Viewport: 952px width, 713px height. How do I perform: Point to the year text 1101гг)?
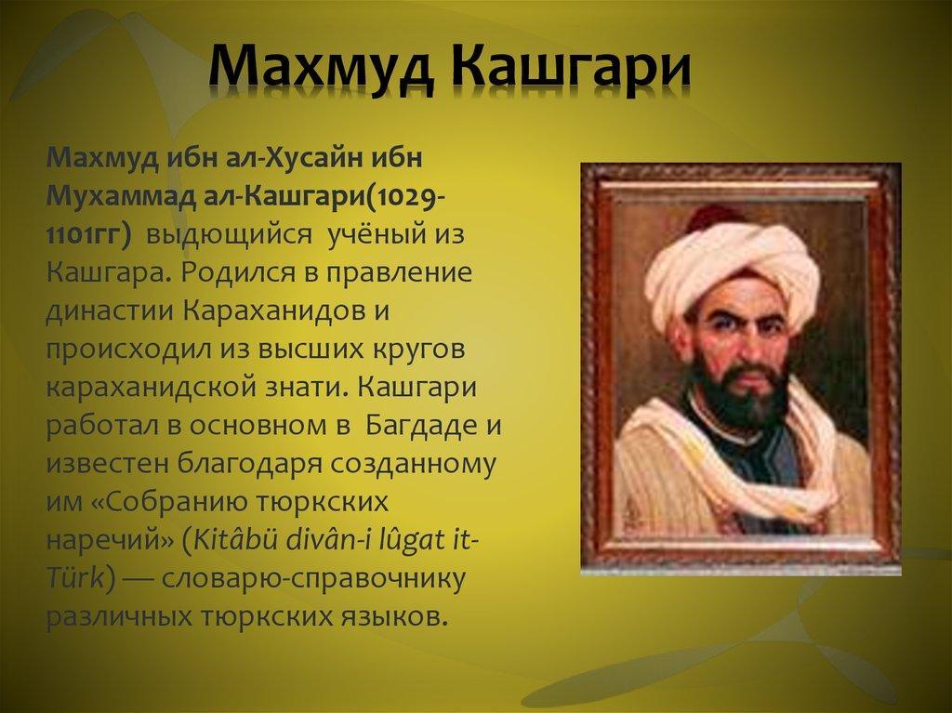(88, 235)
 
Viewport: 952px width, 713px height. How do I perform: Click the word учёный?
(377, 234)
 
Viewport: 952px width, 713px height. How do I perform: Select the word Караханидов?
(272, 311)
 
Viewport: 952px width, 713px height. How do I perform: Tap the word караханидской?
(152, 387)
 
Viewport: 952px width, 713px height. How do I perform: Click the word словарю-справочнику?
(313, 579)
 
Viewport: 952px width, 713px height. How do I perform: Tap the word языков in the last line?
(397, 617)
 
